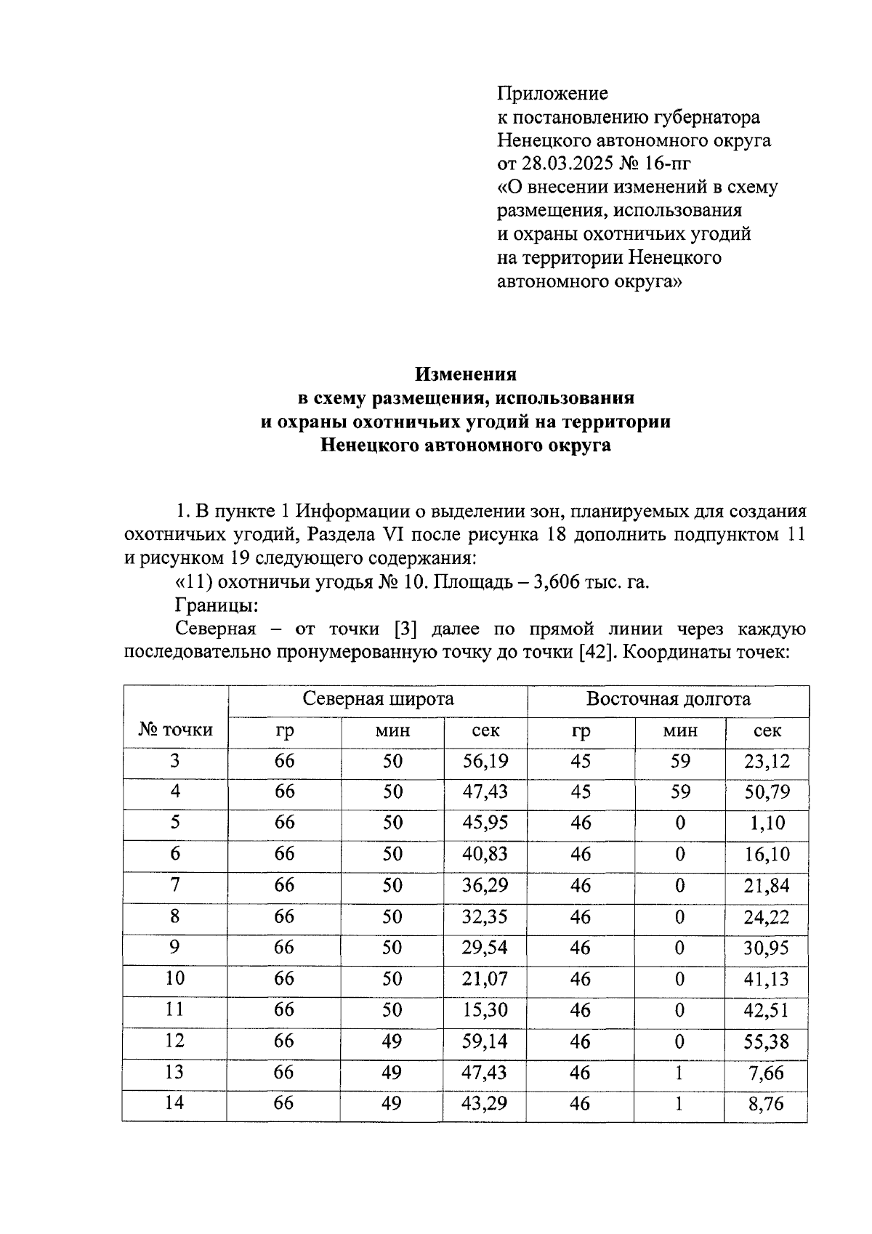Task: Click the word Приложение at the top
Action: pos(552,93)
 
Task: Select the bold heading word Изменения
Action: pos(465,374)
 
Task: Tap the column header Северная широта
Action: pos(378,699)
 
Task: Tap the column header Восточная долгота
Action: pos(668,699)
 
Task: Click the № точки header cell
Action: pos(175,730)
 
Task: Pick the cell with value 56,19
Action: pos(485,762)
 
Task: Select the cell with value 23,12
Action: pos(767,762)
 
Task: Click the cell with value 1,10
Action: pos(767,823)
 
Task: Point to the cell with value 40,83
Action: pos(485,855)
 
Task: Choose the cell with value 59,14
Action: pos(485,1041)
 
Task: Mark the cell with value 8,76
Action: pos(767,1104)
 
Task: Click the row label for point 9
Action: pos(175,948)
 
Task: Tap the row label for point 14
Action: pos(175,1104)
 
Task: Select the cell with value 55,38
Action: pos(767,1041)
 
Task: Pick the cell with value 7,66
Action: pos(767,1073)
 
